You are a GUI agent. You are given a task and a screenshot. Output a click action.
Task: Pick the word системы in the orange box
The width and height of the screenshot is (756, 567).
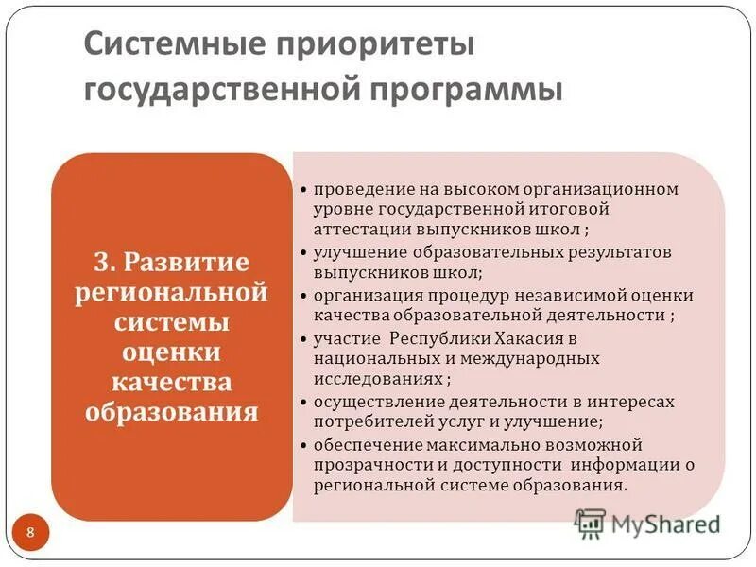tap(171, 321)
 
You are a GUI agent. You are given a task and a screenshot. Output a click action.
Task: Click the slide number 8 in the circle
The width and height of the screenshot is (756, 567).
tap(30, 533)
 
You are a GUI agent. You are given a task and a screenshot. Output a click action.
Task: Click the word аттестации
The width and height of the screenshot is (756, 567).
tap(359, 229)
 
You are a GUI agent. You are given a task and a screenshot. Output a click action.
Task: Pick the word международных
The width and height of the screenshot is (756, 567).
tap(522, 358)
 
